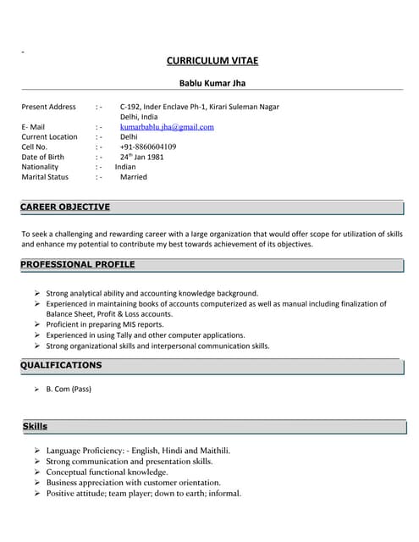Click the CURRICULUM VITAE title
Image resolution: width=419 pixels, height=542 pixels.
point(212,61)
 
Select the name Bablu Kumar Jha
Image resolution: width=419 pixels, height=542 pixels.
point(212,83)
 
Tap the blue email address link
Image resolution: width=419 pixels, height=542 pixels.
point(167,127)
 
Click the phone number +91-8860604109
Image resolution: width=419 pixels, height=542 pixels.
point(148,147)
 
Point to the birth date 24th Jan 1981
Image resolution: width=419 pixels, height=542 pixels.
point(142,157)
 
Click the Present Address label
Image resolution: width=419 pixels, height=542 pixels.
point(48,107)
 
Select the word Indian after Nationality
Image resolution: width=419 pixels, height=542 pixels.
point(125,167)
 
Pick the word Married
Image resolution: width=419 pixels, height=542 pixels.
point(134,177)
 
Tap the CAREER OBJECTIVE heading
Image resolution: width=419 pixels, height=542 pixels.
point(65,207)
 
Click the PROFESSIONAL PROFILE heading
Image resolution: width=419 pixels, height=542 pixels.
point(78,264)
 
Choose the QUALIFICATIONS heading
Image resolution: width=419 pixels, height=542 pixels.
point(61,365)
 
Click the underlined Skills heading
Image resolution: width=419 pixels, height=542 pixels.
point(35,426)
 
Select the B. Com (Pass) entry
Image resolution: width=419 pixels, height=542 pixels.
point(69,389)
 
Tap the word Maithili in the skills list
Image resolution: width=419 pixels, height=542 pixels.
point(212,451)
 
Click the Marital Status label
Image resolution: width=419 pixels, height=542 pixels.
point(45,177)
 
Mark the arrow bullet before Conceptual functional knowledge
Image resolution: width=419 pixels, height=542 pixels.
point(37,473)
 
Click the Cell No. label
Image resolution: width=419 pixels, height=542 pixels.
point(35,147)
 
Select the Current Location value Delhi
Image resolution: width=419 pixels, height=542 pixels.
point(129,136)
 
